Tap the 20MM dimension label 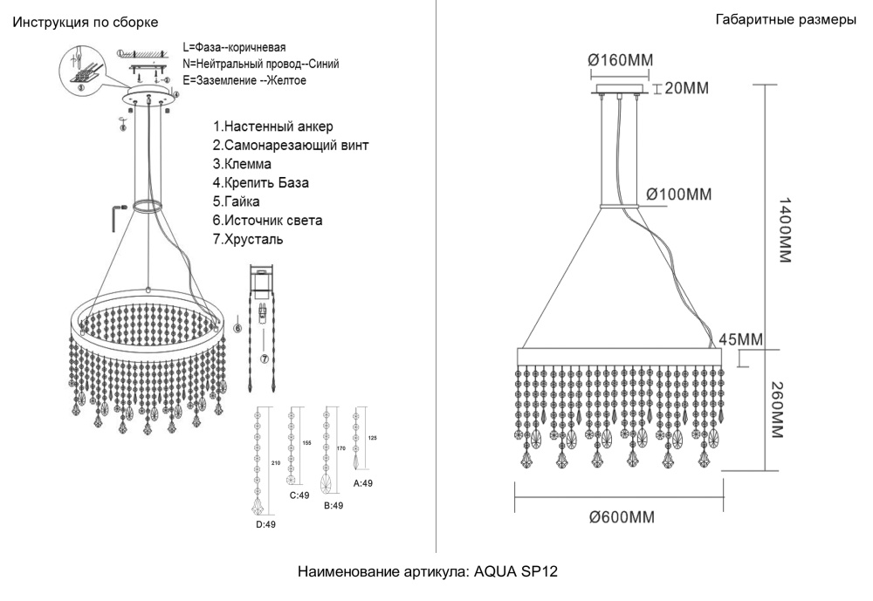coord(686,88)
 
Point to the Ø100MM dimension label coord(679,193)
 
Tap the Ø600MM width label coord(622,517)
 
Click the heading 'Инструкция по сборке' coord(86,20)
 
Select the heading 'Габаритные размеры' coord(785,20)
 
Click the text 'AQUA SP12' coord(515,572)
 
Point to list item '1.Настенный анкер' coord(272,127)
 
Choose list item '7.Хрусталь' coord(248,239)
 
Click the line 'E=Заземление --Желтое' coord(244,80)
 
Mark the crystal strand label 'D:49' coord(265,524)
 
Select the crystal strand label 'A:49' coord(363,482)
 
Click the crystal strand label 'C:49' coord(299,495)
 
